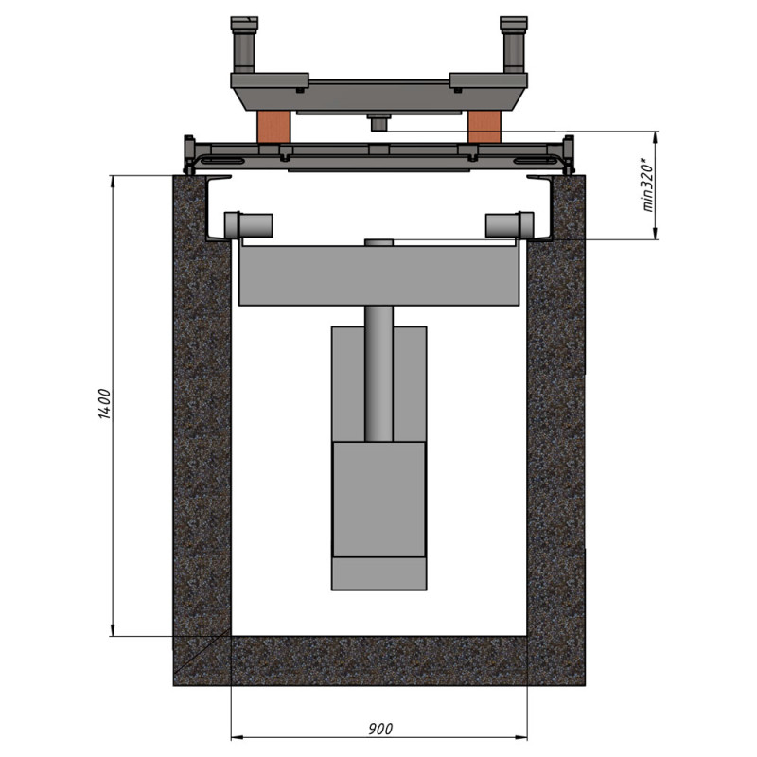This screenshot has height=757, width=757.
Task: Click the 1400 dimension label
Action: coord(105,404)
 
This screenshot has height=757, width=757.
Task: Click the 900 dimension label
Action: coord(380,729)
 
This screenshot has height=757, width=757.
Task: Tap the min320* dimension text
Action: coord(647,185)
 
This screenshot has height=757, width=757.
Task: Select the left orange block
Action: coord(273,127)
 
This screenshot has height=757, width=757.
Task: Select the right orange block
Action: coord(484,127)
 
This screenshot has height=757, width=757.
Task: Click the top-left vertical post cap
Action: coord(244,23)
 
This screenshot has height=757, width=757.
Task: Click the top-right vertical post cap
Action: coord(514,23)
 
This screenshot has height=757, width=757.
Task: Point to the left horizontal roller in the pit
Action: coord(249,225)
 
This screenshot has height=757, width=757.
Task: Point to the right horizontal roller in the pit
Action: coord(510,225)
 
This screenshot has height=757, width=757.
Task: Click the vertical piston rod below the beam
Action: coord(379,374)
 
